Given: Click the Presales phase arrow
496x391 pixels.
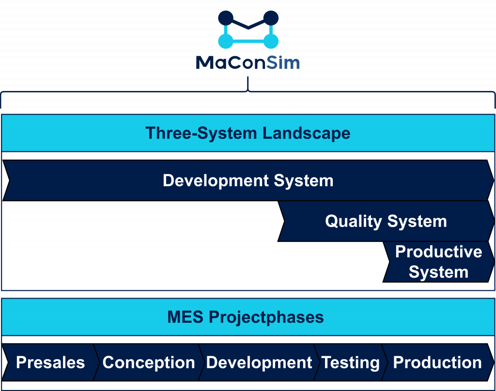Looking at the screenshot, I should coord(50,362).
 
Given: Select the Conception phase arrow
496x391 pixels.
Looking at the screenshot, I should coord(148,362).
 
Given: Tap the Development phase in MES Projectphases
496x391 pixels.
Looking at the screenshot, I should coord(259,362).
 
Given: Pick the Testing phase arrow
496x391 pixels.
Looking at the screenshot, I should coord(350,362).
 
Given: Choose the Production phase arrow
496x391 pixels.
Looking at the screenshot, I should coord(437,362).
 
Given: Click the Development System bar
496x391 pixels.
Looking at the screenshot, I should coord(248,180).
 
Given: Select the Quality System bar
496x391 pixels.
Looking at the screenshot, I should coord(386,221).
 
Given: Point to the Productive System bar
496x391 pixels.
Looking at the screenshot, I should coord(438,262).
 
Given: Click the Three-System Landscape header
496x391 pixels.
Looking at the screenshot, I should coord(248,133).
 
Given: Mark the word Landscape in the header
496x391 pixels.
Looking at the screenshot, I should coord(306,133).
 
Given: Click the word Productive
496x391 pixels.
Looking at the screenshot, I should coord(438,252).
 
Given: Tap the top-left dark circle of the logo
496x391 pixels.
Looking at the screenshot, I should coord(226,18).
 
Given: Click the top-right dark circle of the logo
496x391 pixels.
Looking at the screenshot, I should coord(271,18).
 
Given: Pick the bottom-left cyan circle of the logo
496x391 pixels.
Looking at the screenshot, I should coord(226,41).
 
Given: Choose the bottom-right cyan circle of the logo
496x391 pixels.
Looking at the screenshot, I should coord(271,41).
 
